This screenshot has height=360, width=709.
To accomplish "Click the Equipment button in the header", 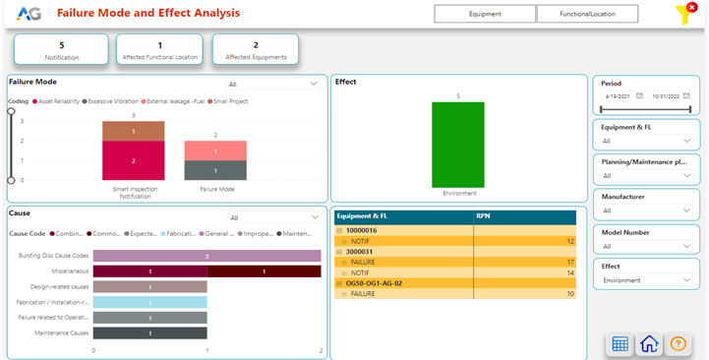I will pyautogui.click(x=485, y=14).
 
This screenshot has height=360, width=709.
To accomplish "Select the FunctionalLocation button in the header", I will pyautogui.click(x=586, y=14).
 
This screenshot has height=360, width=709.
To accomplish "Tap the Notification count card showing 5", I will pyautogui.click(x=62, y=51).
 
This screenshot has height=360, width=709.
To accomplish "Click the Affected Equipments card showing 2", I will pyautogui.click(x=256, y=51).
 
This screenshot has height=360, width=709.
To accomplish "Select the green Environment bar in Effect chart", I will pyautogui.click(x=457, y=144).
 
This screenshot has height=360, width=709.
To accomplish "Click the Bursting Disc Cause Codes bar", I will pyautogui.click(x=207, y=256).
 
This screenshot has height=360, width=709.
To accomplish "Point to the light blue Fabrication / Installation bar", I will pyautogui.click(x=150, y=302).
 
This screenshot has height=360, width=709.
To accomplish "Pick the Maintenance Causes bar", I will pyautogui.click(x=150, y=333).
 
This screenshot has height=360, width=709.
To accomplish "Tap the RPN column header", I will pyautogui.click(x=484, y=215).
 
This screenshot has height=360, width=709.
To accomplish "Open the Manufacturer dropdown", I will pyautogui.click(x=647, y=210).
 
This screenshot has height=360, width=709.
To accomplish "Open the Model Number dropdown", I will pyautogui.click(x=647, y=246).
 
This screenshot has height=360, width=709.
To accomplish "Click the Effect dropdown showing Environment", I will pyautogui.click(x=647, y=280).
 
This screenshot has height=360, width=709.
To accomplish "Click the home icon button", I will pyautogui.click(x=649, y=343).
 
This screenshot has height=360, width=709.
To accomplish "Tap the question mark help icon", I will pyautogui.click(x=678, y=343).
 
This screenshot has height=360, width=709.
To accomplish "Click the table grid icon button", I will pyautogui.click(x=620, y=343).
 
